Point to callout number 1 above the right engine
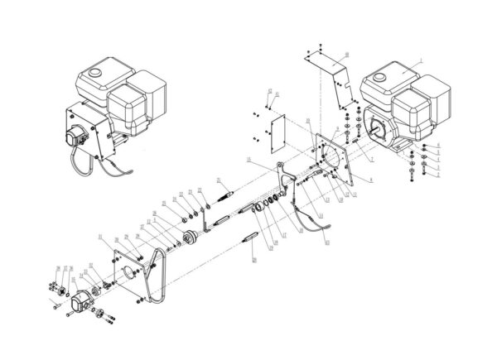[421, 61]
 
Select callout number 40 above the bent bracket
[345, 54]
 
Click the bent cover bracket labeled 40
[331, 75]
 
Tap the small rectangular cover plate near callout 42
[276, 129]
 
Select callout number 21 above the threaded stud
[217, 179]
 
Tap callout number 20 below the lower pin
[254, 259]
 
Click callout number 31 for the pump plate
[101, 238]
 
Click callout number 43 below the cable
[326, 242]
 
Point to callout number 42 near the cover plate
[270, 89]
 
